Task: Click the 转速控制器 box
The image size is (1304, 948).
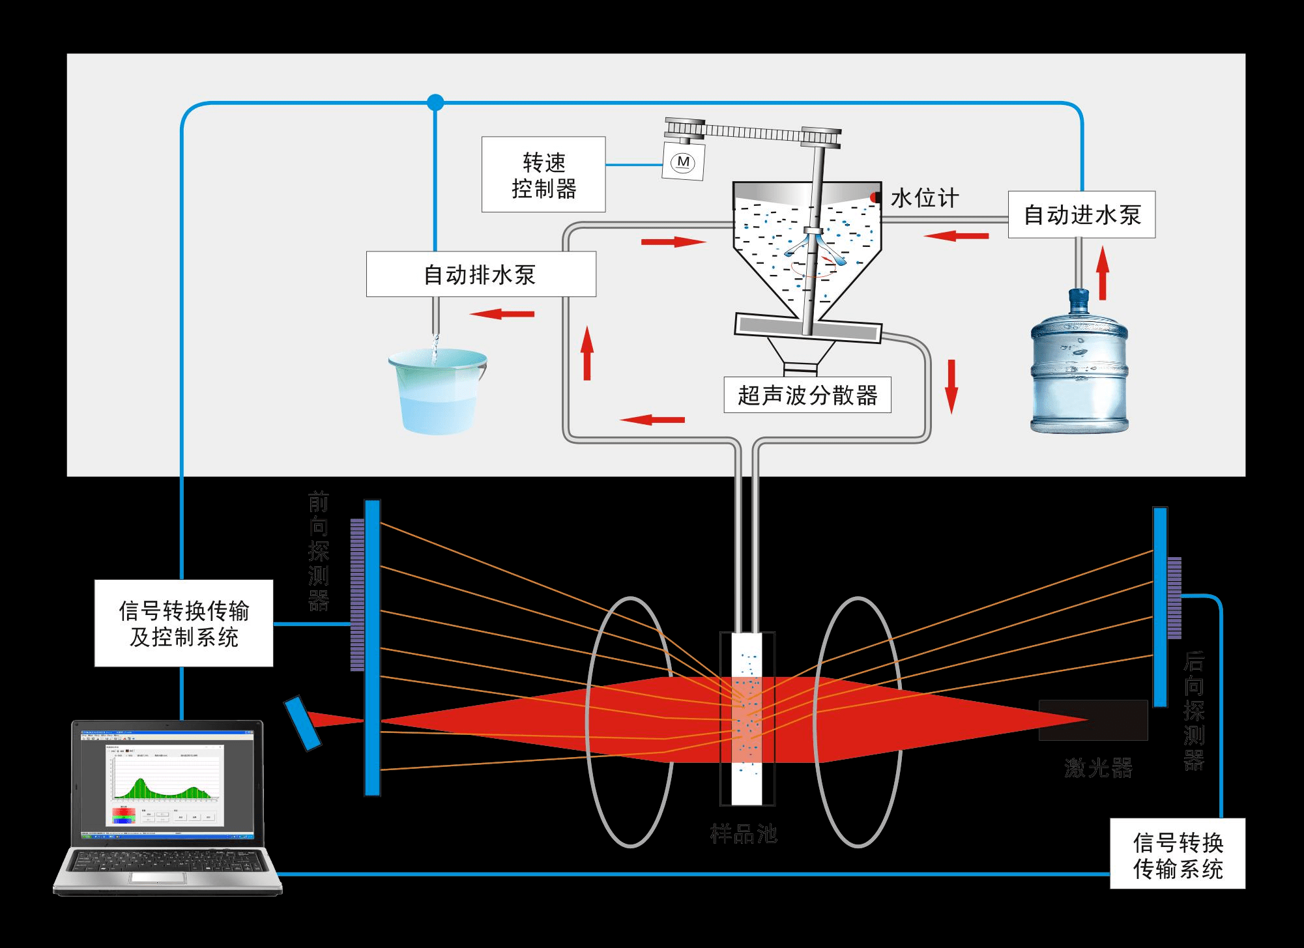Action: [x=543, y=175]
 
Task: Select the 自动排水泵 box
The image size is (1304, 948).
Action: [x=481, y=274]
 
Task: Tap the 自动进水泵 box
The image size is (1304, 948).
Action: [x=1082, y=214]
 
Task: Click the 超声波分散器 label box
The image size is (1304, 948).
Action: [x=807, y=395]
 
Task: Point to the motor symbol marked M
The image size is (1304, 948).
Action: [x=683, y=162]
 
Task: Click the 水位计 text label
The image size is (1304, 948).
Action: [x=925, y=198]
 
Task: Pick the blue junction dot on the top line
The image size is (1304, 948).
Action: [x=435, y=102]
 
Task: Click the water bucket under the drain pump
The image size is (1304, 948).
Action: [x=437, y=391]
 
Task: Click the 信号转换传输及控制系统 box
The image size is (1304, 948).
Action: [x=184, y=624]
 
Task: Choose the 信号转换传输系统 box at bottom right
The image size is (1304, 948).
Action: [x=1178, y=854]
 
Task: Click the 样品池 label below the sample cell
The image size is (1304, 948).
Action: [x=744, y=833]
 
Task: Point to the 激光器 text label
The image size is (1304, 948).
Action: [x=1098, y=768]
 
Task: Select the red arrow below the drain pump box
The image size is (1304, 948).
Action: [x=502, y=314]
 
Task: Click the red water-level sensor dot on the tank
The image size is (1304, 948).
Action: [x=875, y=197]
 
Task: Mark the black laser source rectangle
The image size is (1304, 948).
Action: [x=1093, y=720]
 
